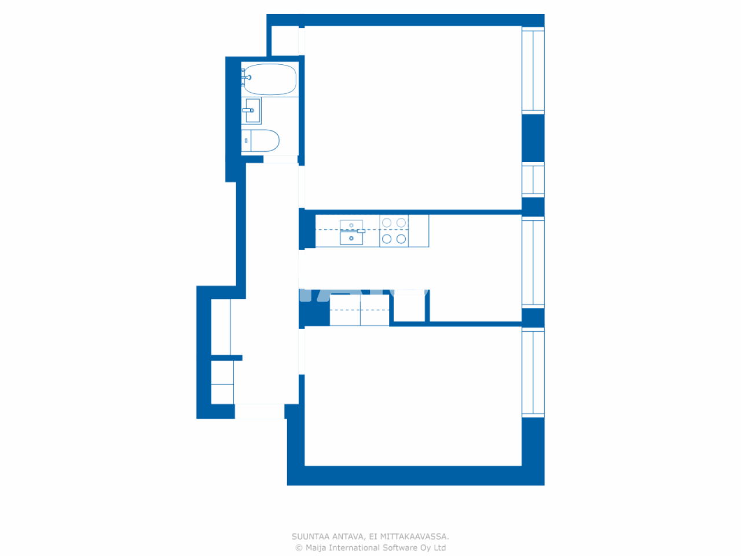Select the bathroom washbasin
[252, 111]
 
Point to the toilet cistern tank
[246, 141]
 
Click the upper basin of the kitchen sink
[351, 225]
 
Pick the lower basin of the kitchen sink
[351, 238]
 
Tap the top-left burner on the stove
[387, 223]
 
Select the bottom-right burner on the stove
[401, 239]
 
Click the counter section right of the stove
[419, 231]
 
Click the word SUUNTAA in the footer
[310, 537]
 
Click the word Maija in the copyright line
[316, 548]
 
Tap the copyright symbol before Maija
[299, 548]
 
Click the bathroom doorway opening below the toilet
[281, 159]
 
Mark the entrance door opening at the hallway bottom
[259, 411]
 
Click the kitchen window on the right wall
[533, 262]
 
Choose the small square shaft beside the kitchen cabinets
[409, 308]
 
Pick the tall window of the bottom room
[533, 372]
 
